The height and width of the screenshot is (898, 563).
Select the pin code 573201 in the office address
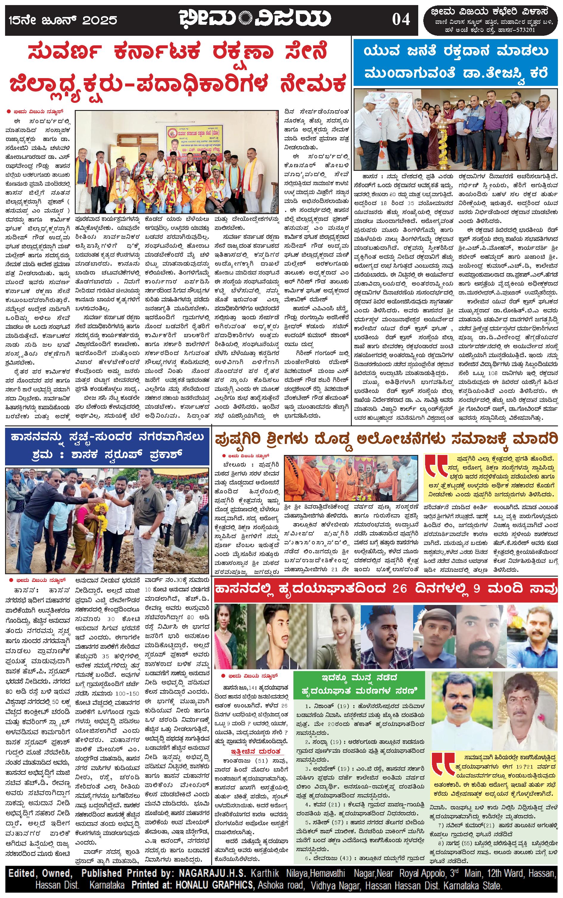pyautogui.click(x=525, y=30)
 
